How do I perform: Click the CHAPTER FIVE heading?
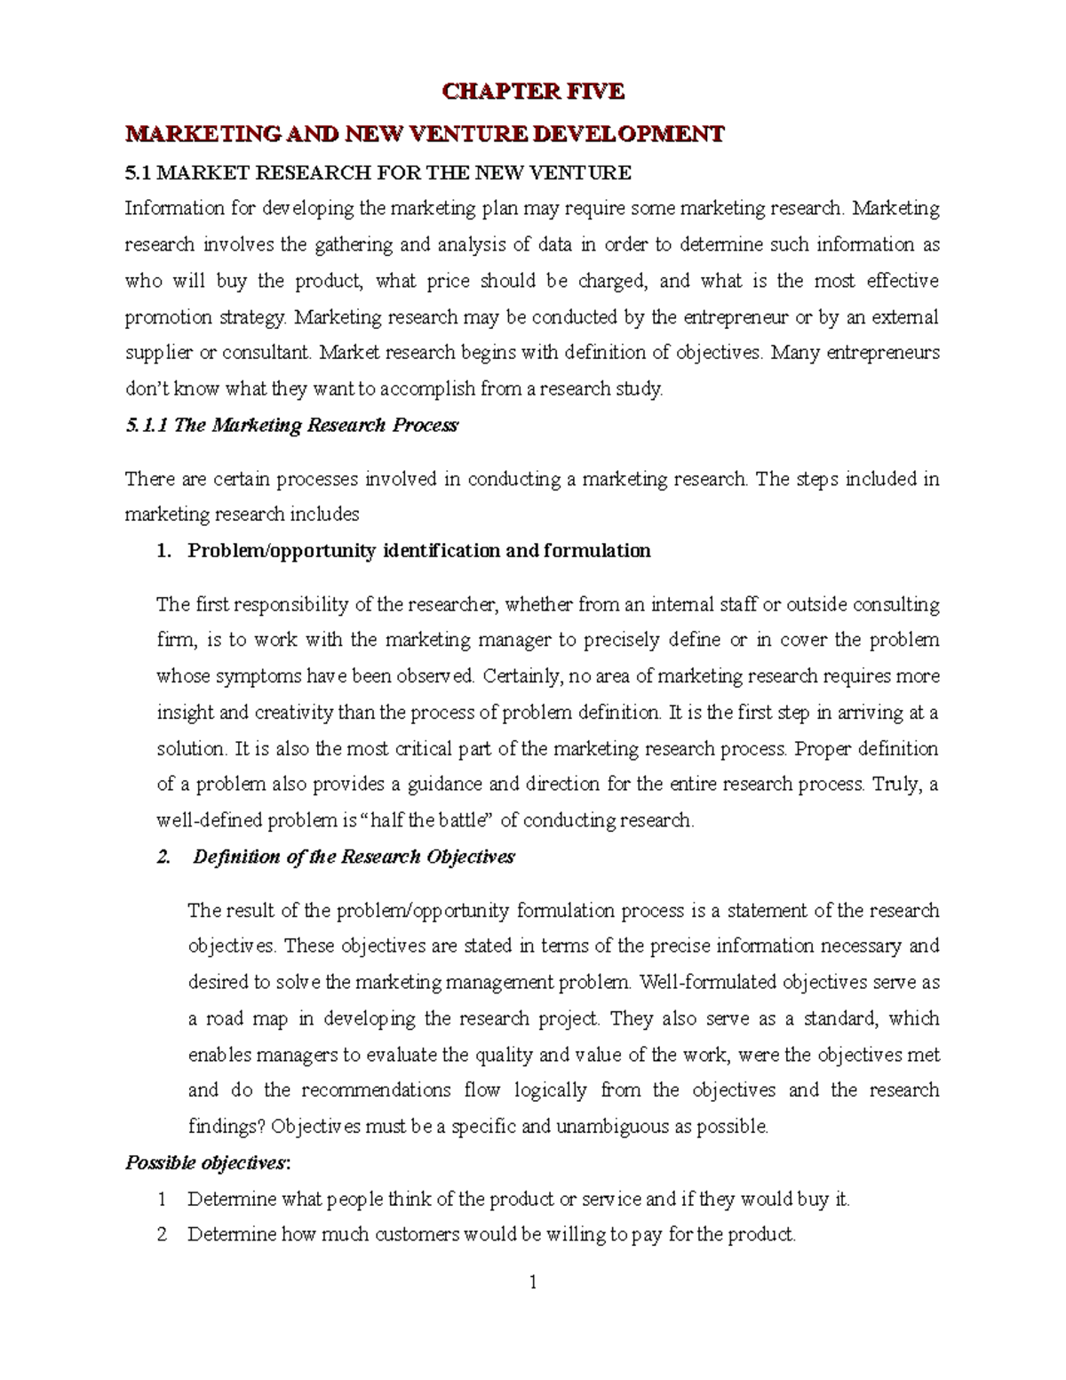[534, 91]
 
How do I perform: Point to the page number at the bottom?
[533, 1308]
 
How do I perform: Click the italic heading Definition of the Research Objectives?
[354, 858]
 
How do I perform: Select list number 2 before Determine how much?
[162, 1235]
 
